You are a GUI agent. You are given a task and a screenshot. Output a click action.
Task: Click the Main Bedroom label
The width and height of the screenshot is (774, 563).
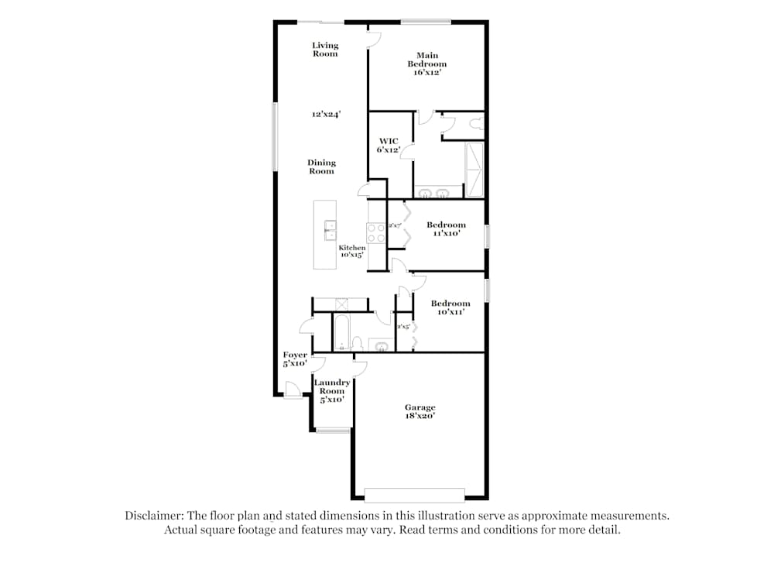(427, 64)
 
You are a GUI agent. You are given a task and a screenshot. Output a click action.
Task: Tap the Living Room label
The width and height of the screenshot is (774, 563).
(325, 50)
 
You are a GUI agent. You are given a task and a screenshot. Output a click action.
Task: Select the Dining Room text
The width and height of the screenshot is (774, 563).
(321, 166)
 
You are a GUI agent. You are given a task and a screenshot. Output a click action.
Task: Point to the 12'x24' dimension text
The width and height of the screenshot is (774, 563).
(327, 114)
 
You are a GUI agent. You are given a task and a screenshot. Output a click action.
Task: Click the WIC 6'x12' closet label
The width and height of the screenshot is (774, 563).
(388, 146)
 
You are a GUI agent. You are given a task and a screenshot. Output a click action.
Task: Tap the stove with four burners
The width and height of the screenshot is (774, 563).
(375, 232)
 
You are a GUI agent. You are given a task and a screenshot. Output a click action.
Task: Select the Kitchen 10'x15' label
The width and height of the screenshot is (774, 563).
(352, 251)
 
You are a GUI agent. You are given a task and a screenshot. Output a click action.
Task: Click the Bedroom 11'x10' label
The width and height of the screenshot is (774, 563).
(446, 229)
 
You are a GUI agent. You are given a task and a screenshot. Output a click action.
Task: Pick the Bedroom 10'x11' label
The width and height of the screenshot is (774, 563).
(450, 307)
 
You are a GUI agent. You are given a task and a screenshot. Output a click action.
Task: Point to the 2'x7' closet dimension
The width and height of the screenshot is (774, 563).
(395, 225)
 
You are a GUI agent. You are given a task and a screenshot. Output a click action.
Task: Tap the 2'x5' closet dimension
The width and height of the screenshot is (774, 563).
(402, 327)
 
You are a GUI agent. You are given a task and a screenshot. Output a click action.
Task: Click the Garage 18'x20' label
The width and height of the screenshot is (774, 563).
(420, 411)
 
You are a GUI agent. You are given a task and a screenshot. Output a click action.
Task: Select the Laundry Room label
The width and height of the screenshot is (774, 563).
(332, 390)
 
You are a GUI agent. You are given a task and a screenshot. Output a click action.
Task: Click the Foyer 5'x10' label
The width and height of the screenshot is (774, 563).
(294, 359)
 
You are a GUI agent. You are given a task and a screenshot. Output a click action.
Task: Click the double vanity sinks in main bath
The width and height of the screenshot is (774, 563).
(434, 192)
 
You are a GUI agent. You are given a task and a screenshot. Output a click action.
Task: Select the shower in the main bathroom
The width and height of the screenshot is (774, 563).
(473, 169)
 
